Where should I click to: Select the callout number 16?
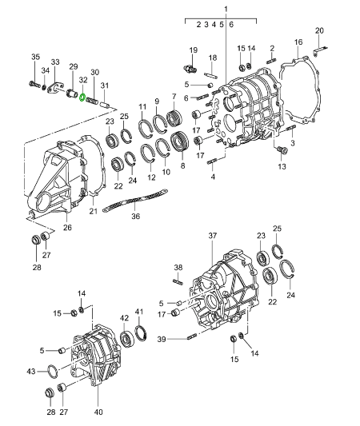tap(298, 42)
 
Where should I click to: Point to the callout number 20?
tap(320, 31)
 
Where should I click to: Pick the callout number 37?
tap(213, 236)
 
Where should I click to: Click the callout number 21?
tap(93, 211)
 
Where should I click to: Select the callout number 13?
tap(282, 166)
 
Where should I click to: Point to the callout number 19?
tap(193, 50)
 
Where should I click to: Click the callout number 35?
tap(34, 57)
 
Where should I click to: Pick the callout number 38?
tap(178, 267)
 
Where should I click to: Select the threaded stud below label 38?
tap(179, 279)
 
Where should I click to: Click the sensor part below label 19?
tap(193, 66)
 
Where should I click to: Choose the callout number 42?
tap(124, 317)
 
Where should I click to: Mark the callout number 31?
tap(102, 86)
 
